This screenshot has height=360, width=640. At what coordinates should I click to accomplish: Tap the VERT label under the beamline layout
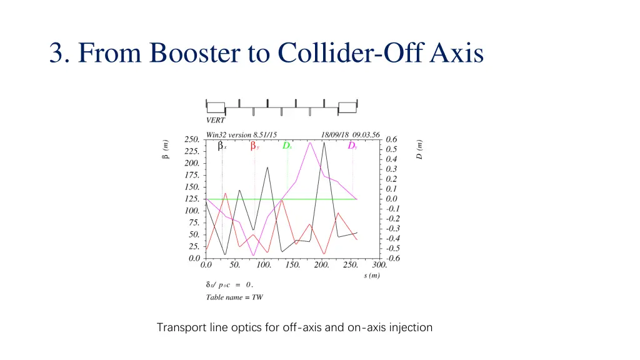(x=216, y=120)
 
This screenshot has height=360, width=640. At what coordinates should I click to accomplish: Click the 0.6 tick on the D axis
(x=391, y=139)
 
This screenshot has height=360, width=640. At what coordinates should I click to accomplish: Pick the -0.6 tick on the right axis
(x=392, y=258)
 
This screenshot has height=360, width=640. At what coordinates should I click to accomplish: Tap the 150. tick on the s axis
(x=292, y=265)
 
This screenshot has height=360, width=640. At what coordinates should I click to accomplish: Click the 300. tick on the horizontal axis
(x=379, y=265)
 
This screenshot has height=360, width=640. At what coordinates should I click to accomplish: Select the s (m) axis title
(x=371, y=276)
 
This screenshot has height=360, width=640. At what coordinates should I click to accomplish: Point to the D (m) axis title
(x=419, y=149)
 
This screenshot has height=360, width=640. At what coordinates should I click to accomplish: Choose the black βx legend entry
(x=222, y=146)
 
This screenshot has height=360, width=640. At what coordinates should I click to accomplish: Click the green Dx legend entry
(x=287, y=146)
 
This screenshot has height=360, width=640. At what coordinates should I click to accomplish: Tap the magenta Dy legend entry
(x=352, y=146)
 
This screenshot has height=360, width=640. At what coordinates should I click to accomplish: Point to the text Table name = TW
(x=234, y=297)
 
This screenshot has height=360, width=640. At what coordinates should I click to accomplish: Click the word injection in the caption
(x=410, y=327)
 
